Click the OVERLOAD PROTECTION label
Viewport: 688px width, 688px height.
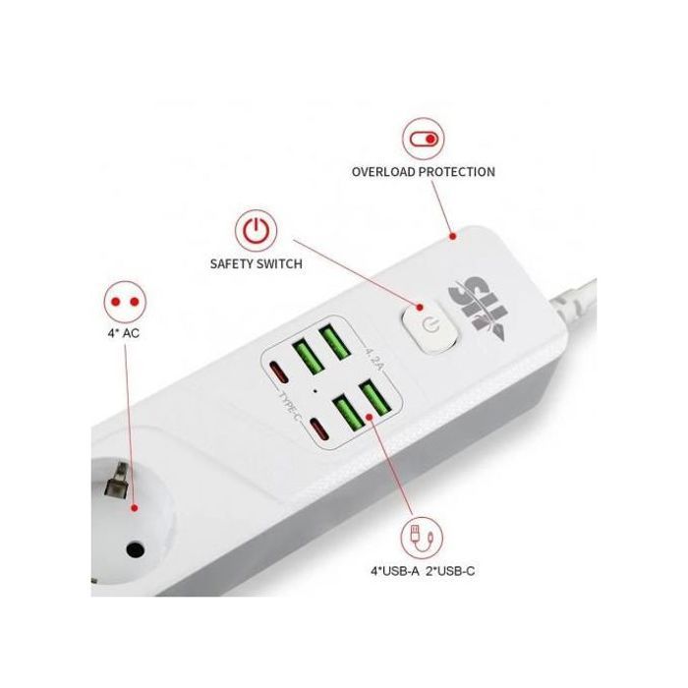coord(424,172)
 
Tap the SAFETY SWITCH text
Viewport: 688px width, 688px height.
coord(257,263)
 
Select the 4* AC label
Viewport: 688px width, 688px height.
coord(124,333)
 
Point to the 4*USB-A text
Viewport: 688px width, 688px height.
coord(395,571)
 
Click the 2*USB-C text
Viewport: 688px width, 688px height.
coord(450,571)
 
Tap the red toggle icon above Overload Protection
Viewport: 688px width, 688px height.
coord(424,139)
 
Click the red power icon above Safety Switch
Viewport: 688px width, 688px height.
coord(256,230)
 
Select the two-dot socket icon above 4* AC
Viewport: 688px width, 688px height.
coord(125,303)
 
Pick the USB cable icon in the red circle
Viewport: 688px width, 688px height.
coord(422,538)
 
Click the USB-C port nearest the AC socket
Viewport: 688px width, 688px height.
coord(318,430)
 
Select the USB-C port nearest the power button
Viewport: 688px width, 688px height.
coord(278,373)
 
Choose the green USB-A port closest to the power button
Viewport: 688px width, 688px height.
coord(335,341)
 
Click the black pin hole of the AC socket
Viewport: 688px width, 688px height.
coord(136,549)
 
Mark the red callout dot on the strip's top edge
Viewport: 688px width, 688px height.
coord(453,237)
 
